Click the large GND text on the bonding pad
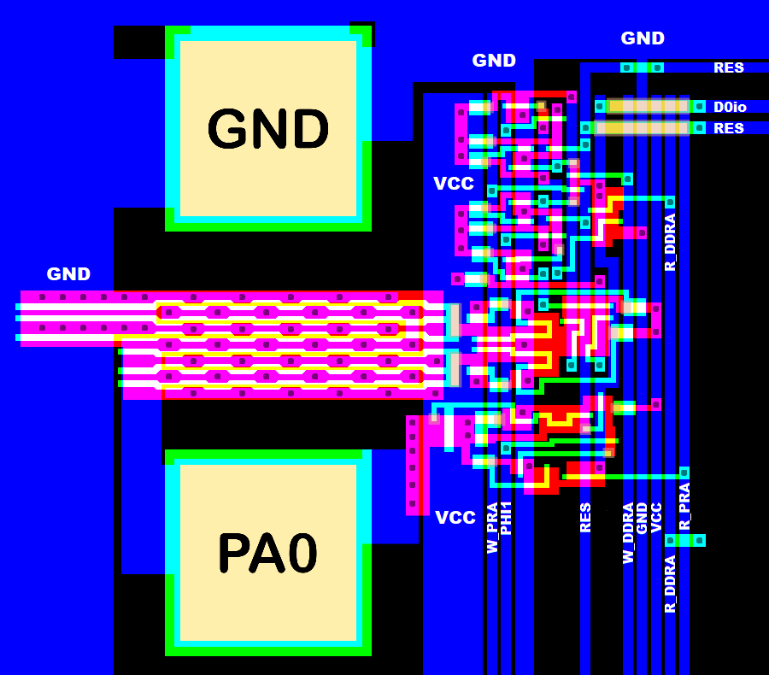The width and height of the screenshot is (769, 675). (x=268, y=130)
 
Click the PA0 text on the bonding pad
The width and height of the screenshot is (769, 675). (x=267, y=554)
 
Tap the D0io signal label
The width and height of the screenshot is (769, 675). (x=730, y=107)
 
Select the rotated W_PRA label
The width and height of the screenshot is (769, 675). (x=492, y=528)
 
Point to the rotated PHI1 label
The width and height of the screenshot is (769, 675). (x=506, y=519)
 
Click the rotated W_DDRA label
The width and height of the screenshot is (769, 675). (x=628, y=533)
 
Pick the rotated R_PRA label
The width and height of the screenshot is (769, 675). (x=684, y=507)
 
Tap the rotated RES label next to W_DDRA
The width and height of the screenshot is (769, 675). (x=585, y=518)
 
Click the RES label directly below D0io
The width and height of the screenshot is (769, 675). (x=729, y=129)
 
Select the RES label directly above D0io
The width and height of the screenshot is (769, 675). (x=729, y=67)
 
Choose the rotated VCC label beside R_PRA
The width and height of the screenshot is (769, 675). (x=656, y=518)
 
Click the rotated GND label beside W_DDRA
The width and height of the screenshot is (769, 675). (x=642, y=518)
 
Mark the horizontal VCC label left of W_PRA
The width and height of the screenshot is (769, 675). (x=455, y=518)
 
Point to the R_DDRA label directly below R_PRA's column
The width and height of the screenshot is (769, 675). (x=671, y=584)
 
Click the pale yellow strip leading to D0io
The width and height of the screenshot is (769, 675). (x=649, y=107)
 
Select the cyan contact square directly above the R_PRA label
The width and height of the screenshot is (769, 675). (x=684, y=472)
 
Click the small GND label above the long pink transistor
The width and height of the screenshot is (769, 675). (x=68, y=274)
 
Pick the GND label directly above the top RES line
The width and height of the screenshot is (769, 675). (x=643, y=38)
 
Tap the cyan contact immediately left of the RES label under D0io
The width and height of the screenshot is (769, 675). (x=699, y=128)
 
